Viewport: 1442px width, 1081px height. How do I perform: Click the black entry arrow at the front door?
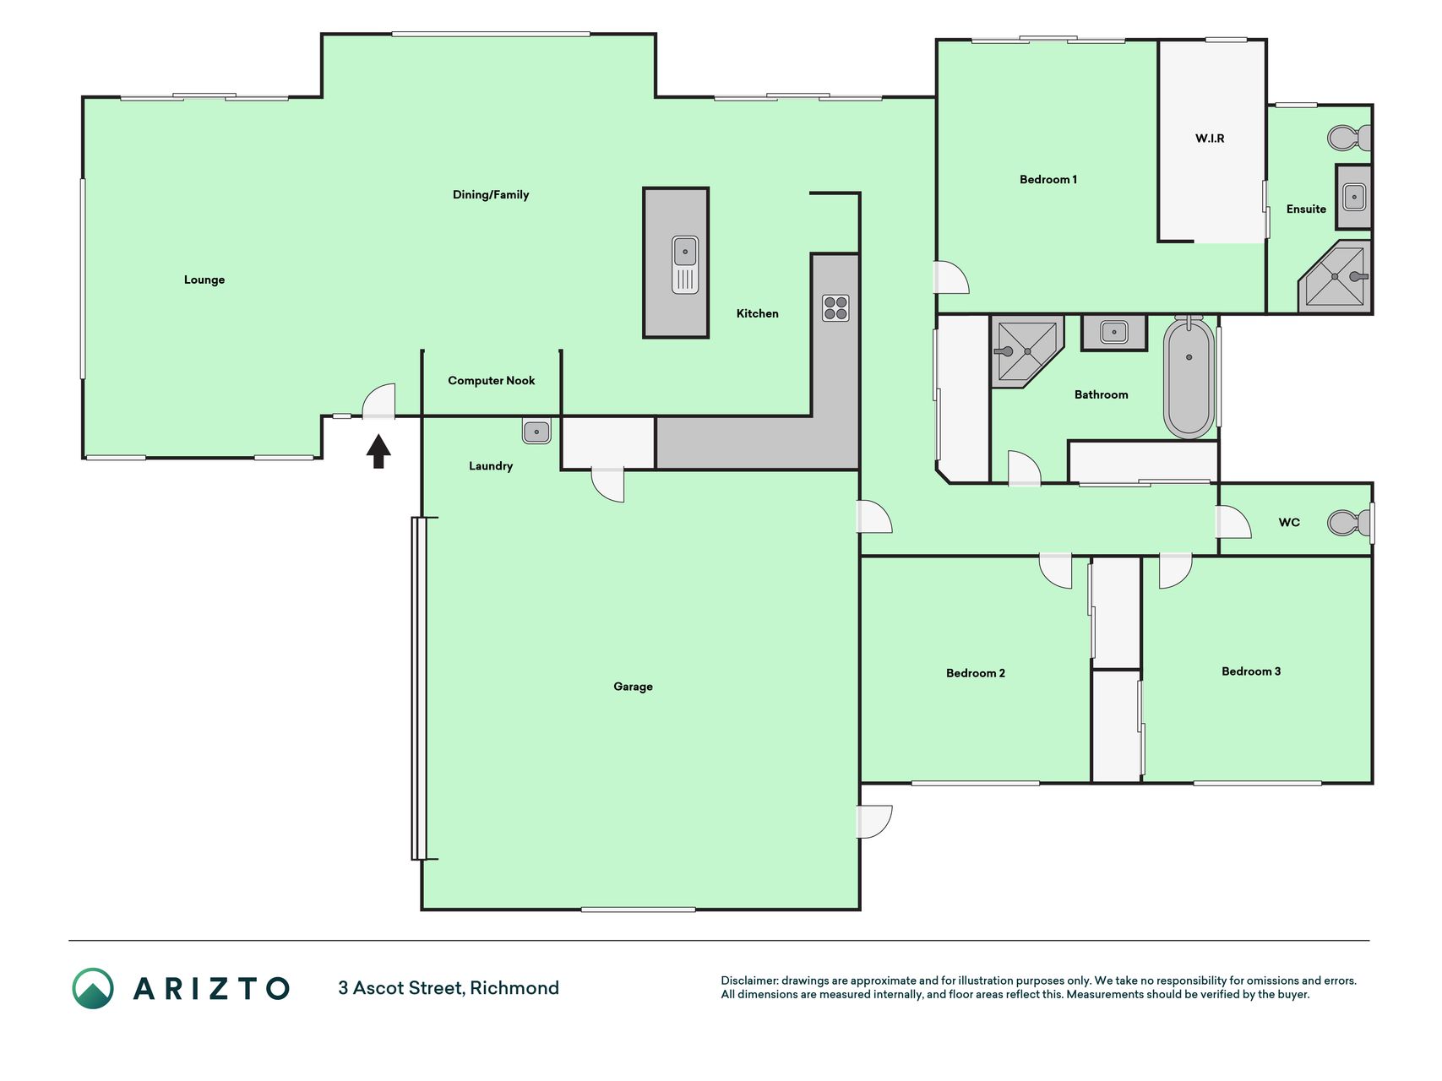click(378, 451)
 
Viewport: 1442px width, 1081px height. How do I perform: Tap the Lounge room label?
click(204, 280)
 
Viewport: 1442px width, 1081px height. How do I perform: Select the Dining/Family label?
click(491, 195)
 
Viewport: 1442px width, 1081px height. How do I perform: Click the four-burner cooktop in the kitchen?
click(835, 308)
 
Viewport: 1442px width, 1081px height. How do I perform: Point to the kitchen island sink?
click(685, 264)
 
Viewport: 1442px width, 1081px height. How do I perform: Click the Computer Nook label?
click(492, 381)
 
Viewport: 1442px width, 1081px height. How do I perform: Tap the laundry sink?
click(536, 432)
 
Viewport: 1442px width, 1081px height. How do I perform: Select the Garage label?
click(633, 687)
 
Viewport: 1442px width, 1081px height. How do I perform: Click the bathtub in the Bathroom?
click(1189, 377)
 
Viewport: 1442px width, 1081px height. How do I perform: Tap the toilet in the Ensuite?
click(1349, 138)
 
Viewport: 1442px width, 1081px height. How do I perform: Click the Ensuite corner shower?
click(1336, 277)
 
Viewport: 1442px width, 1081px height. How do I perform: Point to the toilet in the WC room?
click(1349, 523)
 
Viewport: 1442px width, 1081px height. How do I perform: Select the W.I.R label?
click(1210, 139)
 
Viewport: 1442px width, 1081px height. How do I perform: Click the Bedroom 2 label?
click(976, 673)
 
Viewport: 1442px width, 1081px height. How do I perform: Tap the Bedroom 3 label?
click(1251, 671)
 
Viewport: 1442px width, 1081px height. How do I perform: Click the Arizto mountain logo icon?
click(93, 988)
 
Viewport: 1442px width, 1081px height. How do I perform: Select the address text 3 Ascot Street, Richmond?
click(449, 988)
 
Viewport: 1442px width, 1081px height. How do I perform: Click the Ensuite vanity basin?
click(1353, 197)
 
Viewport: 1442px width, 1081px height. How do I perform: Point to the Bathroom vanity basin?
click(1114, 332)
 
